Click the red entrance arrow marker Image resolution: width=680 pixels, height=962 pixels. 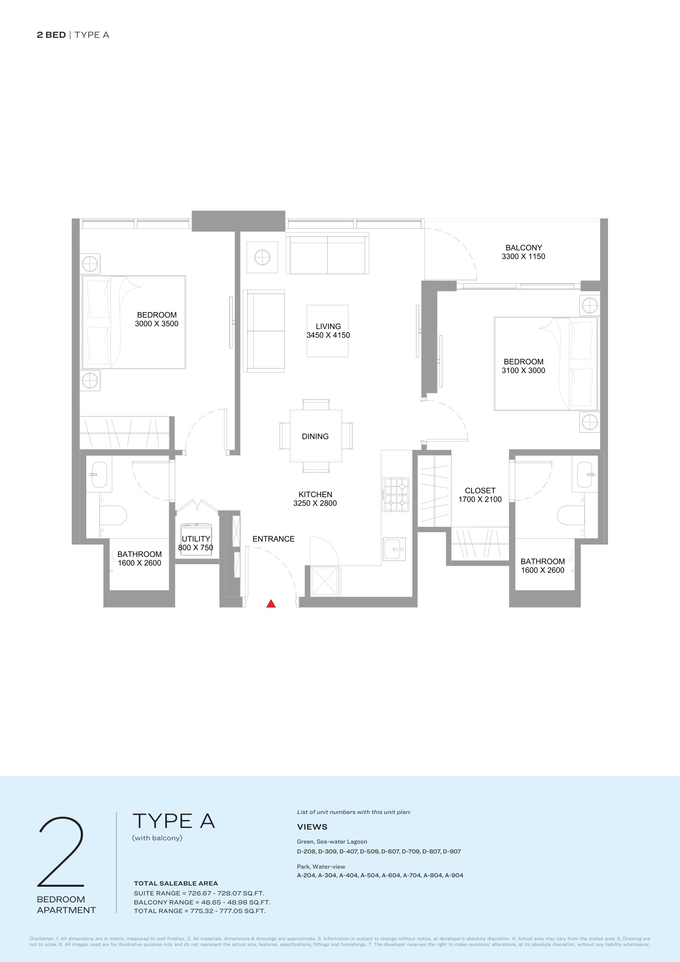click(x=271, y=604)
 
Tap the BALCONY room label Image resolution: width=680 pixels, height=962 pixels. click(x=523, y=248)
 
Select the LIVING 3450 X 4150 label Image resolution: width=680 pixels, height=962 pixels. click(x=328, y=331)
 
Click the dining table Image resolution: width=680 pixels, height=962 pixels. click(x=316, y=436)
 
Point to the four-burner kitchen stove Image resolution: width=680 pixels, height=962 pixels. click(x=396, y=494)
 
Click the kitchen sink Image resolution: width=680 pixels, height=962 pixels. click(x=394, y=549)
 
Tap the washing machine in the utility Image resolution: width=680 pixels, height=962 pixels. click(x=196, y=540)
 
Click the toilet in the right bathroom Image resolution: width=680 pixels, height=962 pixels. click(x=571, y=515)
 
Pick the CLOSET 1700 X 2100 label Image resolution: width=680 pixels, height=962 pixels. click(x=480, y=495)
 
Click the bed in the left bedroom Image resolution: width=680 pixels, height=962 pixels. click(x=134, y=322)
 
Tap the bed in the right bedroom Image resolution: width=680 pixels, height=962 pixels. click(x=546, y=364)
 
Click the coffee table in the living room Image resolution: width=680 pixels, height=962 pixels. click(x=327, y=331)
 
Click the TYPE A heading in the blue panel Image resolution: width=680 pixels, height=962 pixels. click(x=174, y=821)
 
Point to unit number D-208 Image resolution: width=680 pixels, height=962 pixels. click(x=307, y=851)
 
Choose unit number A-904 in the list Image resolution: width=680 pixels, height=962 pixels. click(x=454, y=875)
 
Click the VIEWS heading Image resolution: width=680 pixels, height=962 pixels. click(x=312, y=827)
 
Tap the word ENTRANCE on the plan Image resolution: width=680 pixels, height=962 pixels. click(x=273, y=539)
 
